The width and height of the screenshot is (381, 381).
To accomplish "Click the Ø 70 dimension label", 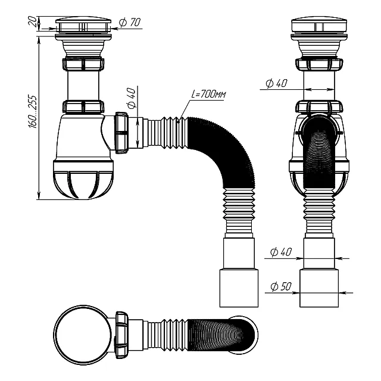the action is (x=130, y=23).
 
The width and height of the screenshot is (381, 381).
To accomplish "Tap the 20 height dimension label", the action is (x=33, y=22).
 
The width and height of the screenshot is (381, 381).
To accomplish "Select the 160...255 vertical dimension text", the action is (x=32, y=112).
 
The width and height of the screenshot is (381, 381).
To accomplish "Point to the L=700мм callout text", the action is (x=209, y=94).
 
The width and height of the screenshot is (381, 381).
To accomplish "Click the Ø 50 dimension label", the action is (x=280, y=286).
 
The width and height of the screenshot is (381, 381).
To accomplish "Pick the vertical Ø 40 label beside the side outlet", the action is (x=131, y=98).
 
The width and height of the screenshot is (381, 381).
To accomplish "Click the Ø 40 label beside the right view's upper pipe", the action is (x=276, y=83).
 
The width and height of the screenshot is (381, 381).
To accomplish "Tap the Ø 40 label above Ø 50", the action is (x=280, y=252).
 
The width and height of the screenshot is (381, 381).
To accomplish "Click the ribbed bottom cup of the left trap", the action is (x=83, y=179).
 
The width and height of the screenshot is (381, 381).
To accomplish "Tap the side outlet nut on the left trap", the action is (x=121, y=133).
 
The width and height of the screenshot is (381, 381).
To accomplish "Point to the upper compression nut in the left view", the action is (x=83, y=64).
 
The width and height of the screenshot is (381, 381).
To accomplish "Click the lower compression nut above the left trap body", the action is (x=83, y=107).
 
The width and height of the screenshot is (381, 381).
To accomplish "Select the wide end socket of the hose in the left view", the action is (x=239, y=288).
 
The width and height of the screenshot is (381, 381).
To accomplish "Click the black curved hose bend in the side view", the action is (x=226, y=151).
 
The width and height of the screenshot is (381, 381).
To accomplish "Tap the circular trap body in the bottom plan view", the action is (x=83, y=335).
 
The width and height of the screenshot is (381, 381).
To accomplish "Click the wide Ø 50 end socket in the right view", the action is (x=319, y=288).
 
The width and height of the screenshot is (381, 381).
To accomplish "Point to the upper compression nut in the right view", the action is (x=319, y=64).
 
